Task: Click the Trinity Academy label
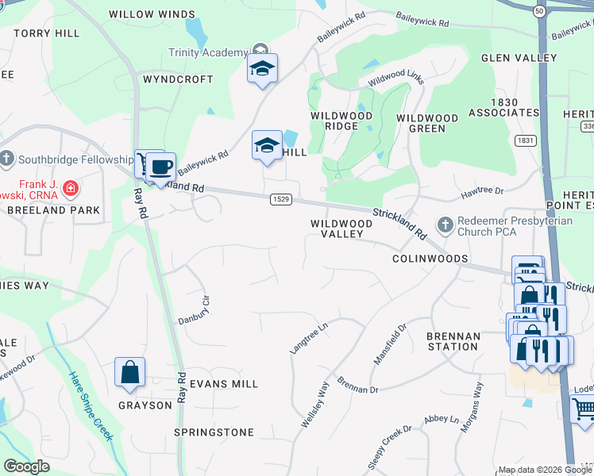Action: [x=208, y=52]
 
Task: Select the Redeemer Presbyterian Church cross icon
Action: [x=445, y=225]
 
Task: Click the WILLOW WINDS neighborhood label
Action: [x=152, y=14]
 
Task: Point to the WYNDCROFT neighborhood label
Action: [x=178, y=79]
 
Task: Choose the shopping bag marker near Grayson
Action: [x=129, y=374]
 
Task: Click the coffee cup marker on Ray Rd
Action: [x=160, y=167]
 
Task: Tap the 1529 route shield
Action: [x=278, y=198]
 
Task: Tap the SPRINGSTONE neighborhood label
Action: [x=214, y=432]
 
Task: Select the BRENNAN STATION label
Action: [x=453, y=342]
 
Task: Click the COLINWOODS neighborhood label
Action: [x=430, y=259]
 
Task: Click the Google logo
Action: [x=26, y=466]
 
